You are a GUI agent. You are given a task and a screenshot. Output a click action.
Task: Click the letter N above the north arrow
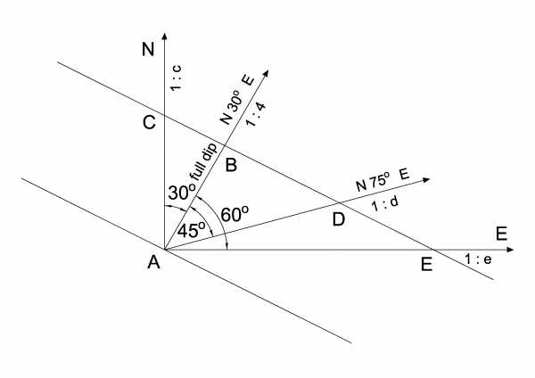pos(148,50)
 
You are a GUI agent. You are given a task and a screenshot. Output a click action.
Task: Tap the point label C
pos(150,123)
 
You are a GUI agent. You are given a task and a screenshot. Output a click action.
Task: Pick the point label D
pos(338,218)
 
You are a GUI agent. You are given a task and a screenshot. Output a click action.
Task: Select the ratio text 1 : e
pos(478,259)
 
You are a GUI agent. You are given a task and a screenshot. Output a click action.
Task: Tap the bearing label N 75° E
pos(383,180)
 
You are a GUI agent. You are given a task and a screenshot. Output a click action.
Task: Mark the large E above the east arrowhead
pos(502,234)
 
